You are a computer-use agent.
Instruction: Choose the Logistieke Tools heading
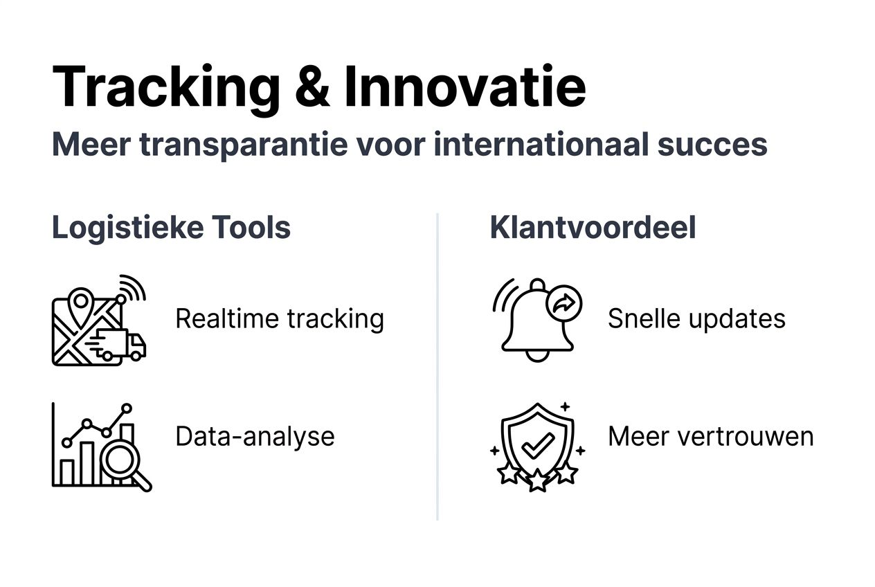pyautogui.click(x=171, y=228)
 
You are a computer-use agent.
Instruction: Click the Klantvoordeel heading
pyautogui.click(x=593, y=228)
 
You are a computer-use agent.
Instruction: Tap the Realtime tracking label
pyautogui.click(x=279, y=319)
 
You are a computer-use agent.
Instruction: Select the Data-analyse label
pyautogui.click(x=255, y=437)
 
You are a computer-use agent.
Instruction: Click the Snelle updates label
pyautogui.click(x=696, y=319)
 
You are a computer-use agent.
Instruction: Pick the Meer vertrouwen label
pyautogui.click(x=710, y=437)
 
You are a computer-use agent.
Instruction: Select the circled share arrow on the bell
pyautogui.click(x=564, y=302)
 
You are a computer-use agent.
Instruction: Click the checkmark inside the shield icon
pyautogui.click(x=537, y=445)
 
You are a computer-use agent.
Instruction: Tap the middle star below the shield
pyautogui.click(x=538, y=479)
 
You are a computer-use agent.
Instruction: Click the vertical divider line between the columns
pyautogui.click(x=437, y=367)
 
